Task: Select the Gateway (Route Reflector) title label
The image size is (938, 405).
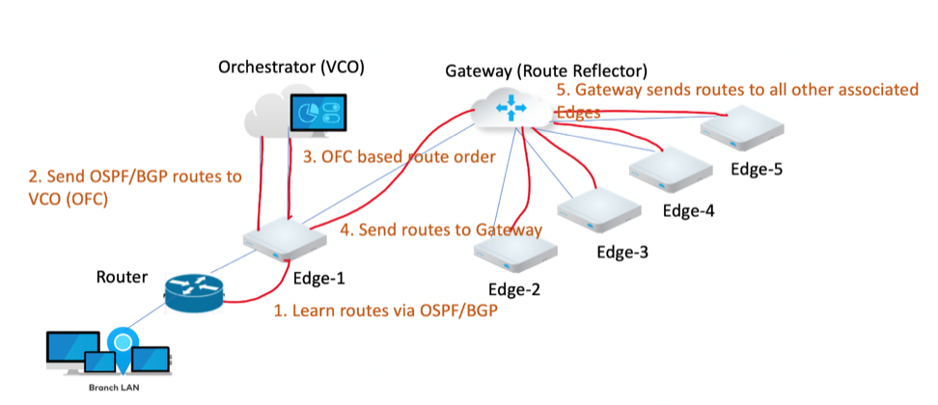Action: (x=545, y=70)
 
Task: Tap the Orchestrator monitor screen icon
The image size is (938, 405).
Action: (x=317, y=115)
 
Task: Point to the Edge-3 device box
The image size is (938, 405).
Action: (x=600, y=205)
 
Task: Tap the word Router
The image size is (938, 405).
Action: (x=123, y=277)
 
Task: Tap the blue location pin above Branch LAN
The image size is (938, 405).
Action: (x=121, y=341)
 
